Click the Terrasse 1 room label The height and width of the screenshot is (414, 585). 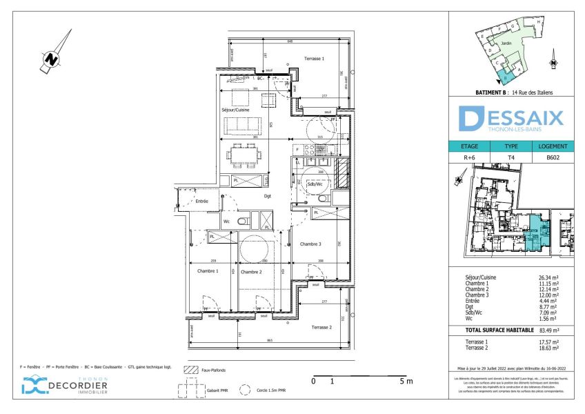tap(314, 59)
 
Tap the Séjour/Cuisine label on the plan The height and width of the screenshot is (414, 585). tap(235, 110)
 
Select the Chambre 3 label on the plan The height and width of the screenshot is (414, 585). tap(310, 244)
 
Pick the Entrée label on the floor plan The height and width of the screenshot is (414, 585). tap(201, 201)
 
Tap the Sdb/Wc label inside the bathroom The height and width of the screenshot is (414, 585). tap(315, 184)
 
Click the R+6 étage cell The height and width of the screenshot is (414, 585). tap(469, 157)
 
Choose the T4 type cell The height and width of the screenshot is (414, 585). tap(511, 157)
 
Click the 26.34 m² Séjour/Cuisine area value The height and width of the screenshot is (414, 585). tap(548, 277)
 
